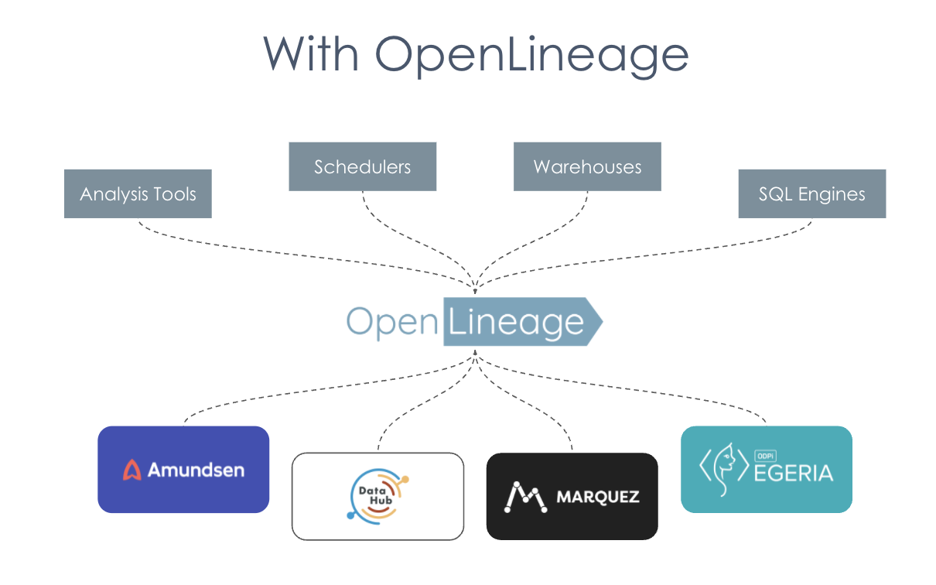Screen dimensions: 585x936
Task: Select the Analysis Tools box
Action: point(138,193)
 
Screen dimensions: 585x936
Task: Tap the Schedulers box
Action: point(362,166)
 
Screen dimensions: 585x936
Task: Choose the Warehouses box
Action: point(587,166)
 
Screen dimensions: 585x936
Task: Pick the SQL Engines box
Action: point(811,193)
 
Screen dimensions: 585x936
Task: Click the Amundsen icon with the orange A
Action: point(132,470)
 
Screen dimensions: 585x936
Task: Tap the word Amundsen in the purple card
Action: point(196,470)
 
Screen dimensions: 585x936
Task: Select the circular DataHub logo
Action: point(377,496)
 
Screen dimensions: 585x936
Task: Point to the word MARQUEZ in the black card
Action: point(598,497)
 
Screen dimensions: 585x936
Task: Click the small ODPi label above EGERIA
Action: point(764,456)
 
